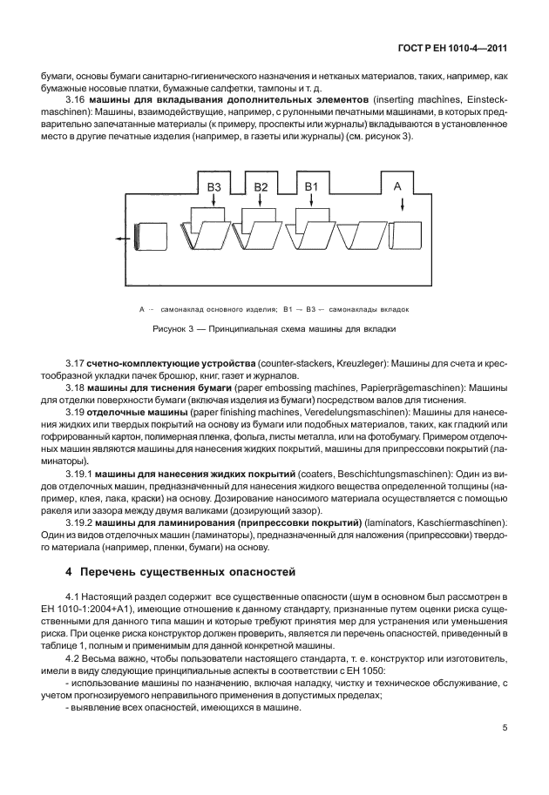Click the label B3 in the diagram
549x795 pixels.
point(214,187)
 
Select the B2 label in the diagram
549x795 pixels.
point(261,187)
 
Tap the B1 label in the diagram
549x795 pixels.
point(312,187)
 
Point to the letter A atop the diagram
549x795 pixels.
point(397,186)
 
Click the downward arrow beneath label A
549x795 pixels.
point(403,205)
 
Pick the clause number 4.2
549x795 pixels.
point(74,659)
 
